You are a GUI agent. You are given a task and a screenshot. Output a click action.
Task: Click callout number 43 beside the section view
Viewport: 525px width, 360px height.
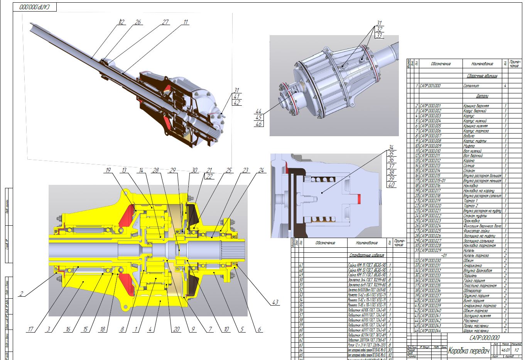275,303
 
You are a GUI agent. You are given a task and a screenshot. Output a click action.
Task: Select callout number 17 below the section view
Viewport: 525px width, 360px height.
30,329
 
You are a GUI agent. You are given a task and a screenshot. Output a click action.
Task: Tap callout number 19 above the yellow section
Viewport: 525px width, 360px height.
108,170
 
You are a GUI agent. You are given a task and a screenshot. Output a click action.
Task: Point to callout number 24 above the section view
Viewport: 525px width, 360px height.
261,170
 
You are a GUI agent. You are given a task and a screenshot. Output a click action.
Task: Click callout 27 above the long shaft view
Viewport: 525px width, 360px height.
165,22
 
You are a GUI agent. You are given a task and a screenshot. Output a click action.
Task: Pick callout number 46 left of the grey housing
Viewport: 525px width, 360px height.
258,124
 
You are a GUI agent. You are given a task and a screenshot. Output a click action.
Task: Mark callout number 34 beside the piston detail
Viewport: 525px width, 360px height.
391,147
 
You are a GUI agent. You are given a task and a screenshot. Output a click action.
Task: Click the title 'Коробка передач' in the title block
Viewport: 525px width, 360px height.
468,351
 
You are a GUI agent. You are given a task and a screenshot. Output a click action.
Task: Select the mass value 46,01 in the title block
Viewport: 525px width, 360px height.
505,350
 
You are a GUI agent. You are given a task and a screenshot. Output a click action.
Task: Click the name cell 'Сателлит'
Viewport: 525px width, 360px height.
471,86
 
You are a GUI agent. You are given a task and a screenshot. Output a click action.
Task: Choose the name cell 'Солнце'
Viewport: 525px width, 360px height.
469,166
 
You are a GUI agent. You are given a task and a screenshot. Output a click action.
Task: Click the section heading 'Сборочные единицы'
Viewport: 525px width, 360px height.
482,76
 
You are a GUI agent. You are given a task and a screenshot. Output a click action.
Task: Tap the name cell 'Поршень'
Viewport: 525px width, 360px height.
471,275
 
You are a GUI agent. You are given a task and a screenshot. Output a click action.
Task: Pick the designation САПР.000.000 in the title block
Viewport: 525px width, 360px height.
484,338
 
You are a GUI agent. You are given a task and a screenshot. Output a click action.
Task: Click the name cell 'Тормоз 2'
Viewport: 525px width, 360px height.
470,206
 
